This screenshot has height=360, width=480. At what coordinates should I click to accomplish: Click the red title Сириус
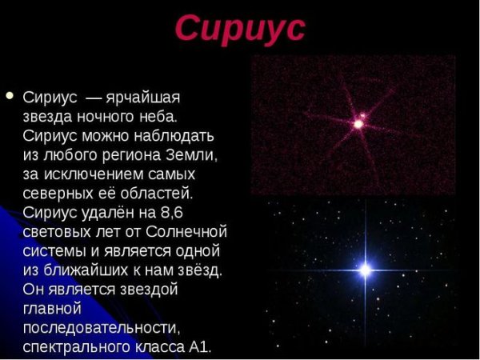[239, 28]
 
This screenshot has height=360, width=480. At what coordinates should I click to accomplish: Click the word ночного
[112, 117]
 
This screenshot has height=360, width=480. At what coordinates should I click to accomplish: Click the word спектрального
[73, 346]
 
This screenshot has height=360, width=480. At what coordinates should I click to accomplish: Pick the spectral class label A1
[199, 346]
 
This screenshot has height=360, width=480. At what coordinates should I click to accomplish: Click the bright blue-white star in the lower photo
[366, 270]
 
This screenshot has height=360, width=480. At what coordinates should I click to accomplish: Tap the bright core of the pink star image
[360, 124]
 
